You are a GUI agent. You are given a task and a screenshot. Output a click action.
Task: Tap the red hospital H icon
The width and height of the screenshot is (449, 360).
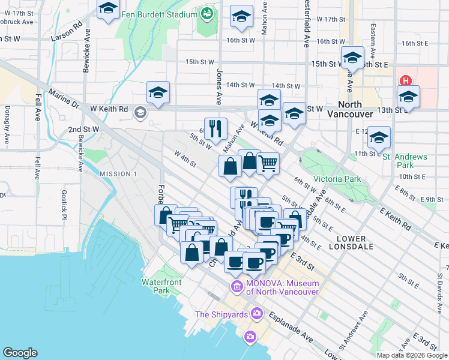(x=406, y=80)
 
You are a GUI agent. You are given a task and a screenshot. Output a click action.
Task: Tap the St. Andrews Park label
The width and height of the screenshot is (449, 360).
(x=405, y=161)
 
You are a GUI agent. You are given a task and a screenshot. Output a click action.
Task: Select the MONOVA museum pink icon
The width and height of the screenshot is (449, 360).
(x=237, y=287)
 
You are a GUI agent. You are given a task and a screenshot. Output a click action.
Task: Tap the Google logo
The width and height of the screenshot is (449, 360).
(x=20, y=353)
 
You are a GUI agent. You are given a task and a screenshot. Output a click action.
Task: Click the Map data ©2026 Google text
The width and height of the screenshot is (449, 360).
(x=411, y=355)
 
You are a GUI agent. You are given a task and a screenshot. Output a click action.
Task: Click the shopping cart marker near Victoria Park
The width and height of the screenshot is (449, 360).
(x=268, y=163)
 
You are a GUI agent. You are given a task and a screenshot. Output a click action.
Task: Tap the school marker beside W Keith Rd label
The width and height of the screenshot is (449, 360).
(x=158, y=92)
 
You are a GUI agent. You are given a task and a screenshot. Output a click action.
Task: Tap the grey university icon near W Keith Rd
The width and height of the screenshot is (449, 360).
(x=140, y=112)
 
